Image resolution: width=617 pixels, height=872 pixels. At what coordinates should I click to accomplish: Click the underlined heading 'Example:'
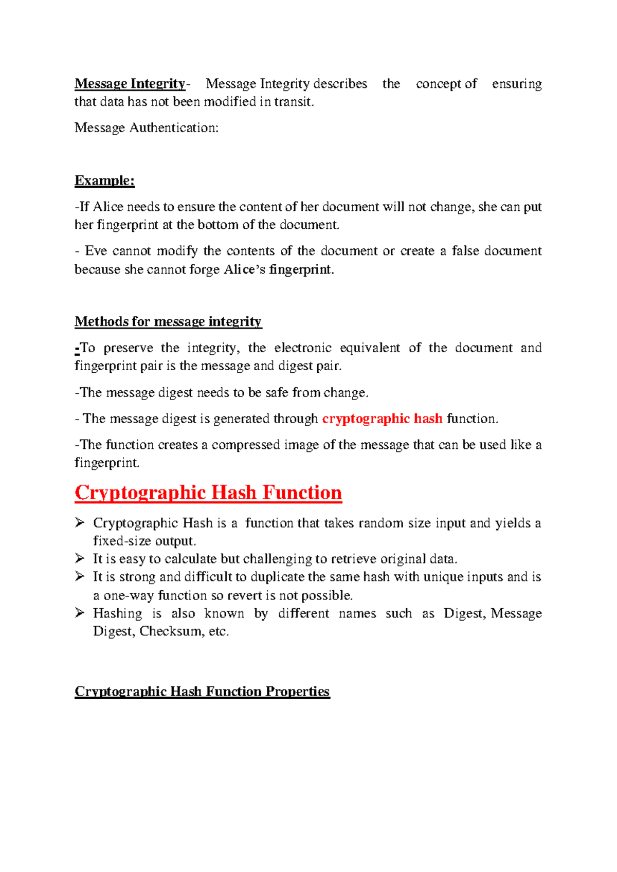coord(104,180)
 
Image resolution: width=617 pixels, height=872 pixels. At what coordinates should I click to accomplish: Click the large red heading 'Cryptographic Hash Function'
coord(208,493)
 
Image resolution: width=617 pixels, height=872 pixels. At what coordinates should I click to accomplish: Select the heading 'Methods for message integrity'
coord(168,322)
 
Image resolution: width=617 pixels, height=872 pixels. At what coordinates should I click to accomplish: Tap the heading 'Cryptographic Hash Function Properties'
coord(202,692)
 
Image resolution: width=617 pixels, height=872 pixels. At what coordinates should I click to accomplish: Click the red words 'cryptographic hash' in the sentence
coord(382,419)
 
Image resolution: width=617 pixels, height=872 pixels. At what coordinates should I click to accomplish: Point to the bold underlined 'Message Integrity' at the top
coord(130,84)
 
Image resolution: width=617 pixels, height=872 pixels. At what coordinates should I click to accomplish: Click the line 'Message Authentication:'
coord(147,128)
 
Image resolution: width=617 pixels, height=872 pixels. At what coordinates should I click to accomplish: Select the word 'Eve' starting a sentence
coord(96,251)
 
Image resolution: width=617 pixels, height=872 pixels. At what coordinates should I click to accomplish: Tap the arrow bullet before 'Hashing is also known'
coord(80,612)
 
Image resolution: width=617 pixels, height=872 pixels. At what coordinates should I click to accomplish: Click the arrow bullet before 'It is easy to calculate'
coord(80,558)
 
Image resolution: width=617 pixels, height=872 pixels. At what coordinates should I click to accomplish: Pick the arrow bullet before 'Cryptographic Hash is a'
coord(80,522)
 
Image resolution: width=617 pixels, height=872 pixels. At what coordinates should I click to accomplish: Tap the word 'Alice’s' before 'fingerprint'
coord(244,269)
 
